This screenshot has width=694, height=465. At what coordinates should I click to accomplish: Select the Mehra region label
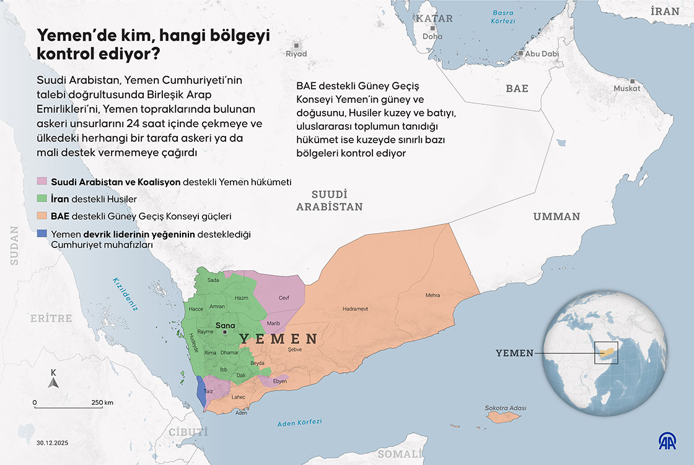(x=433, y=295)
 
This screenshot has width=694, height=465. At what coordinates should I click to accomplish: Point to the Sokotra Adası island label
(x=506, y=408)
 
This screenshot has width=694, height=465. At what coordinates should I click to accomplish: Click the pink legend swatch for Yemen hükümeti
(x=42, y=182)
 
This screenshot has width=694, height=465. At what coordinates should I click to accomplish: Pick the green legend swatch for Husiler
(x=42, y=199)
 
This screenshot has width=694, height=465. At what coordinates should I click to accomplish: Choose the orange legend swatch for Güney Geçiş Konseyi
(x=42, y=216)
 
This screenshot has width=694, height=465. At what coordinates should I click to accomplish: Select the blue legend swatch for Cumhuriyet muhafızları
(x=42, y=234)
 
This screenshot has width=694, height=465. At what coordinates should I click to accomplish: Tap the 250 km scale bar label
(x=102, y=402)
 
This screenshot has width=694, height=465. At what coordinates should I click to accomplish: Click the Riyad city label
(x=296, y=54)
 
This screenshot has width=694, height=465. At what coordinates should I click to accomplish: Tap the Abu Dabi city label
(x=542, y=54)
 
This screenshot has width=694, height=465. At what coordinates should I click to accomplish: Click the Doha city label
(x=432, y=37)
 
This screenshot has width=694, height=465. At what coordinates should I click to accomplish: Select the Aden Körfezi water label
(x=300, y=423)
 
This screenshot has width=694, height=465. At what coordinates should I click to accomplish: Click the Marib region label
(x=273, y=323)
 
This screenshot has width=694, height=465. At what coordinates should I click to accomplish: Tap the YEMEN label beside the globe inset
(x=514, y=353)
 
